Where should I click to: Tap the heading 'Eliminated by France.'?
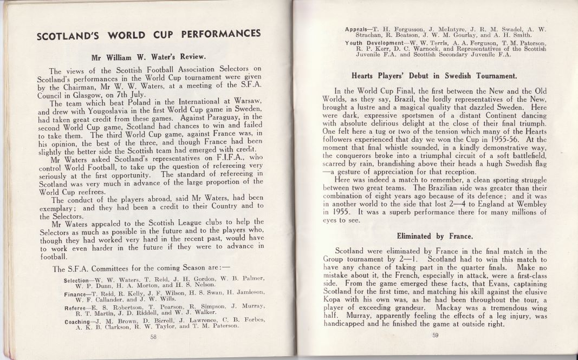point(435,236)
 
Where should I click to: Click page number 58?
point(153,336)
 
